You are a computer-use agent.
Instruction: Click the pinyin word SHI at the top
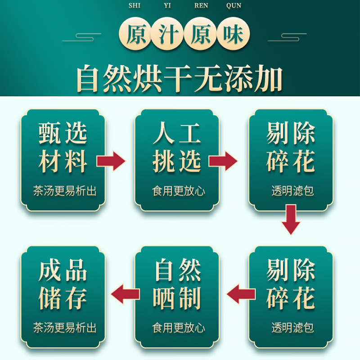tap(134, 6)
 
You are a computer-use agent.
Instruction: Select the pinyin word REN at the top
tap(201, 6)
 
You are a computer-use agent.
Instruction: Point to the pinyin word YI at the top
tap(167, 6)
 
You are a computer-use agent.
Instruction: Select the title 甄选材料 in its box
tap(63, 148)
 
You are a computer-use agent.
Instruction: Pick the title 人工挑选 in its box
tap(176, 148)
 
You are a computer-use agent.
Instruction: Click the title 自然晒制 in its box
tap(176, 284)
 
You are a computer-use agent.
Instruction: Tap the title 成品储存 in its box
tap(63, 284)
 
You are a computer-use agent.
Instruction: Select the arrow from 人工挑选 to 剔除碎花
tap(223, 161)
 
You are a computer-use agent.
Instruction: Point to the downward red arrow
tap(290, 219)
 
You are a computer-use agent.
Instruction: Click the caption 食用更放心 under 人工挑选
tap(179, 191)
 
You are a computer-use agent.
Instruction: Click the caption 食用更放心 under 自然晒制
tap(179, 328)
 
